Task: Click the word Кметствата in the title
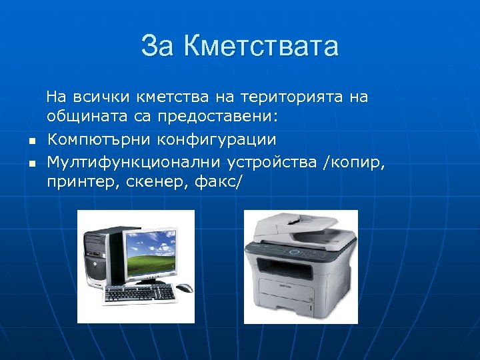point(261,47)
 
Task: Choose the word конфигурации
point(217,139)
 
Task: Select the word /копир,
point(354,161)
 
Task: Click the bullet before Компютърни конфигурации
point(31,141)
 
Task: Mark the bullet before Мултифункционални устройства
point(31,162)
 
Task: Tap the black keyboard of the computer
point(139,292)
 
